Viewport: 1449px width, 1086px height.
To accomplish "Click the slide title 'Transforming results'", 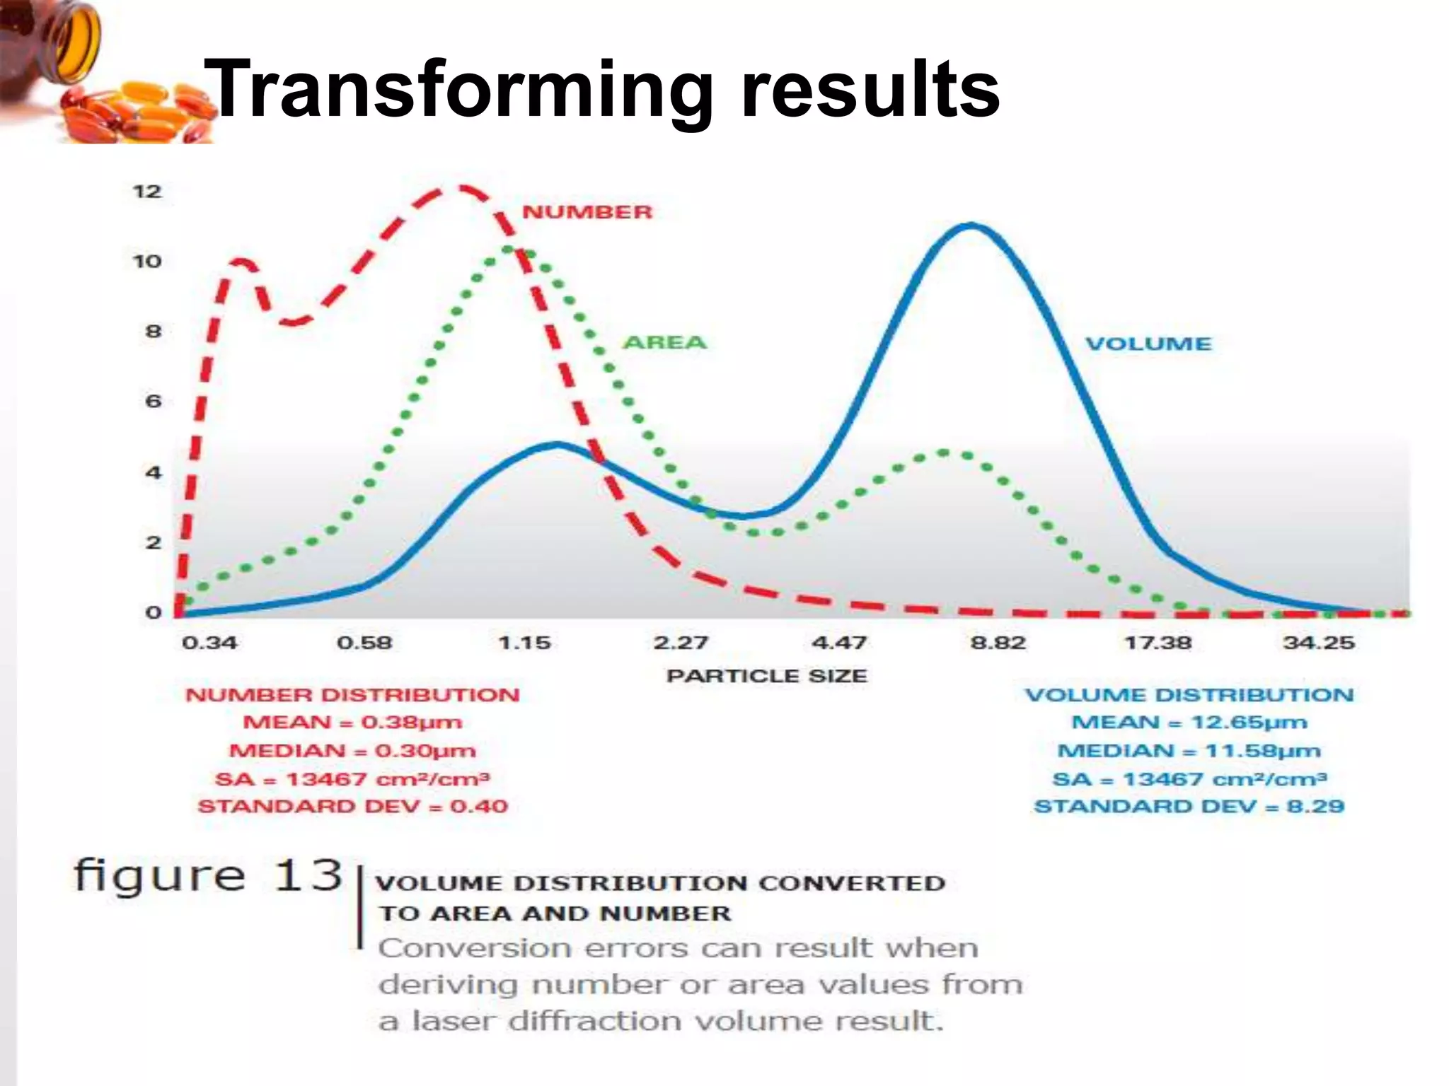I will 601,90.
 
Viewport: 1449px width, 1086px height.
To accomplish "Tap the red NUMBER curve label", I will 587,212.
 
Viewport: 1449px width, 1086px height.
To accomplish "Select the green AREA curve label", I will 664,343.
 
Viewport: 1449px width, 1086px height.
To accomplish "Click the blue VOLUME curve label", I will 1148,344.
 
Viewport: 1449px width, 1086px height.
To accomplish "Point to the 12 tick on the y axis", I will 147,192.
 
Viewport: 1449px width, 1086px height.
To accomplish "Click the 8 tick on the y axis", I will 153,332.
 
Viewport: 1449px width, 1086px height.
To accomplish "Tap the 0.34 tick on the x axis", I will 209,643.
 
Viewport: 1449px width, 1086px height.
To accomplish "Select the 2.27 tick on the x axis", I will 680,643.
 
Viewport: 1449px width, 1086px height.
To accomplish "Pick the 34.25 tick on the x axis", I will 1319,643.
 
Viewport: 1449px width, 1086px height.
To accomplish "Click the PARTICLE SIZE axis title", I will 766,676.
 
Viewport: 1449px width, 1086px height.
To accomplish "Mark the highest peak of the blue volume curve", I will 971,226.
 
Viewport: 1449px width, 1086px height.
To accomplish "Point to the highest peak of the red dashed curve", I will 460,187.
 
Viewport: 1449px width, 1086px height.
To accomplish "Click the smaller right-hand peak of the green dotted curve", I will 945,452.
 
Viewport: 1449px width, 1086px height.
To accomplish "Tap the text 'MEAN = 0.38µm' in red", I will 352,723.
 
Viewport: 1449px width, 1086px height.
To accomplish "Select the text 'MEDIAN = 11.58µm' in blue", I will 1189,751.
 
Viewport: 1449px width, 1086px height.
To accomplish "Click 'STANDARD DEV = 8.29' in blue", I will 1189,807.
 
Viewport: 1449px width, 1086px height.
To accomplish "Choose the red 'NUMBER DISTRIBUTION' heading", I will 352,695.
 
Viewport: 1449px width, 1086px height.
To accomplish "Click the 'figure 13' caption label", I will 208,877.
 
